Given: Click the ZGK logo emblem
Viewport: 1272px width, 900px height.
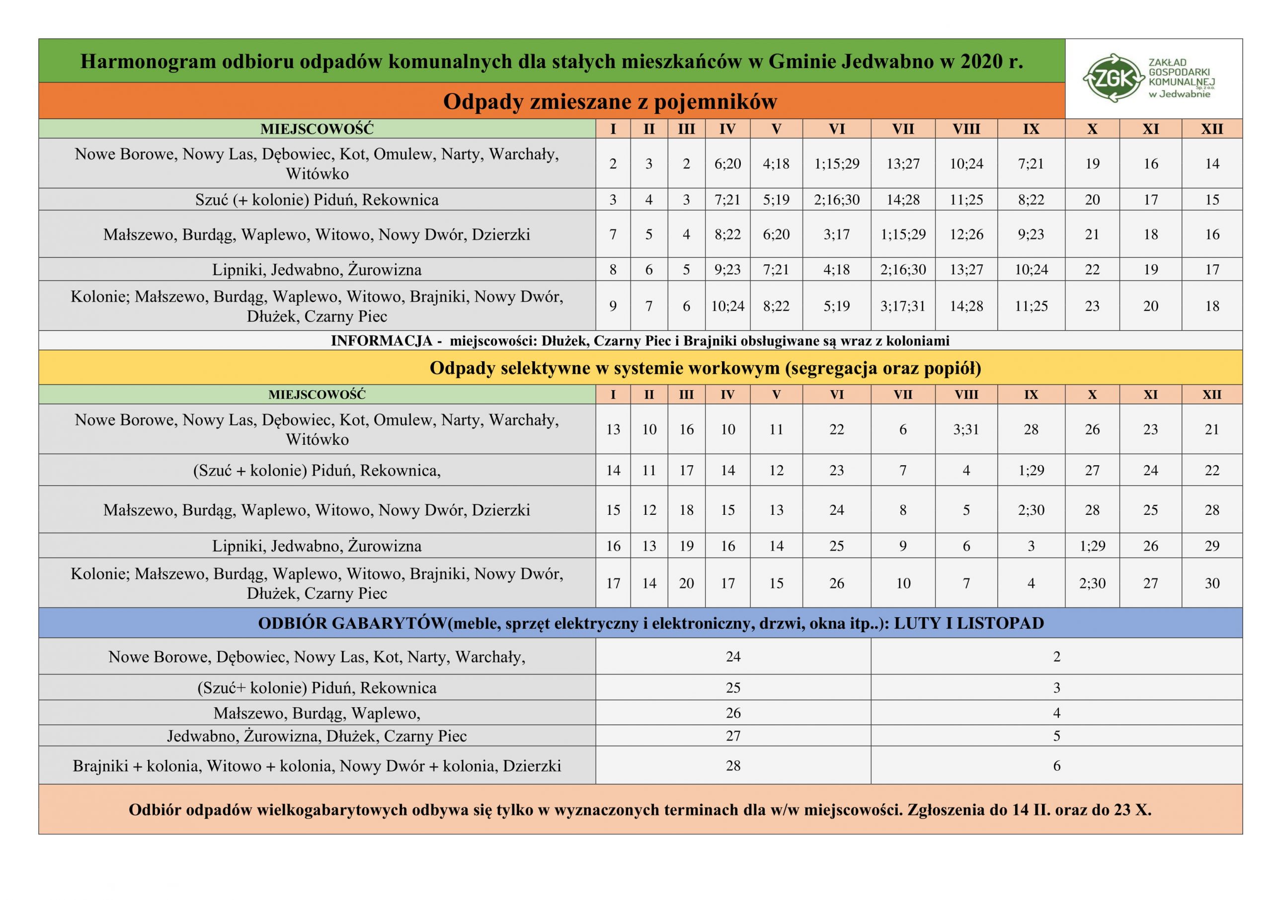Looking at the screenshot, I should [1113, 78].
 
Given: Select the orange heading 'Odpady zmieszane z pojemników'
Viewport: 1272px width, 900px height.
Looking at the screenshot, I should [610, 101].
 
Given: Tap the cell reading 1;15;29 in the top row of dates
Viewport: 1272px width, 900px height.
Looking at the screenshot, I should [837, 164].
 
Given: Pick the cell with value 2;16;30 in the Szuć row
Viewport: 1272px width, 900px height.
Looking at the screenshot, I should [837, 199].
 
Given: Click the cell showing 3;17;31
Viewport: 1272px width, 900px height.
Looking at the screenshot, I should [902, 306].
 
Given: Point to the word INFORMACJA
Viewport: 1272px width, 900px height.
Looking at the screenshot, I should [381, 340].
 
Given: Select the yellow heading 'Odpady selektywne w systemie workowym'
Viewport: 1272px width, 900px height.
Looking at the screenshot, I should [705, 368].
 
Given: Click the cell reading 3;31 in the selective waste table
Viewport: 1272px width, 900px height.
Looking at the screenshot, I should [966, 429].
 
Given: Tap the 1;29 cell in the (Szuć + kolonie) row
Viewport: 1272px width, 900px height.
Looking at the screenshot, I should [1031, 471].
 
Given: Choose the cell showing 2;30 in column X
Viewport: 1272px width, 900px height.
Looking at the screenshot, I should [1092, 583].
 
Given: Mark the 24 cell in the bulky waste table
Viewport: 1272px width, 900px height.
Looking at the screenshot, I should [733, 656].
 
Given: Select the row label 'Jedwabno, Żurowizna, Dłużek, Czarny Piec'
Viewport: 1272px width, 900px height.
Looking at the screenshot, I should [317, 736].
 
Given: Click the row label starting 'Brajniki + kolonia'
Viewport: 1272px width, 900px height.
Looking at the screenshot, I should [317, 766].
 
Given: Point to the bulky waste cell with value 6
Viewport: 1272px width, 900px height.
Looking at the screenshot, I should [1056, 766].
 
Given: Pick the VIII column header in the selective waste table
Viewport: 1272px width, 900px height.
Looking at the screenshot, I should [966, 395].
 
